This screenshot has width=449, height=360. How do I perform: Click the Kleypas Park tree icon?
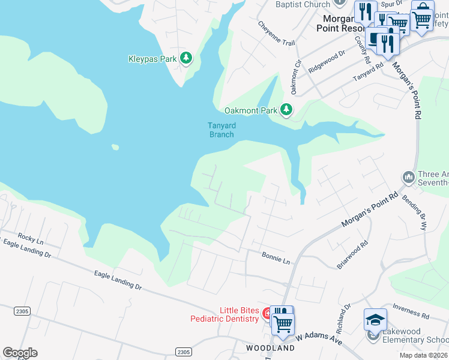[x=187, y=58]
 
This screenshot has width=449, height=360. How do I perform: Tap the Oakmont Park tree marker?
[x=287, y=109]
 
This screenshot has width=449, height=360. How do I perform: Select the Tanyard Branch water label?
[x=221, y=130]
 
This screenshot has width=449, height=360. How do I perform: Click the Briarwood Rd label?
[x=352, y=255]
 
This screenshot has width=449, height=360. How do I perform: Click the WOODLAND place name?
[x=270, y=348]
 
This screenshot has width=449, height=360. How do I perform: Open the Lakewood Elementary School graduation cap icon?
[x=375, y=320]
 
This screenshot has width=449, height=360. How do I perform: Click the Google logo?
[x=20, y=352]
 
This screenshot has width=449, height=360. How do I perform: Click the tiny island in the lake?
[x=115, y=147]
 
